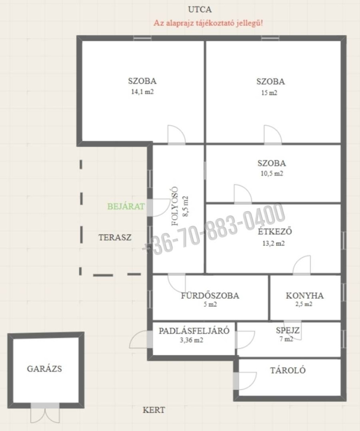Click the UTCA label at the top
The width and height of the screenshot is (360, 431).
pos(200,10)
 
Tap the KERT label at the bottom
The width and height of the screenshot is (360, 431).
pos(154,410)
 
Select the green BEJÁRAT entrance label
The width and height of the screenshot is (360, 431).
pos(126,207)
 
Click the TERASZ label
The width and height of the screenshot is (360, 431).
pos(115,237)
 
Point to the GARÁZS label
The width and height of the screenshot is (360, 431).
pos(44,369)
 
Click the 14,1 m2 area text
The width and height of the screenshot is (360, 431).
pos(143,92)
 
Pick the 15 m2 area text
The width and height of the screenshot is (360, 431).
pos(269,93)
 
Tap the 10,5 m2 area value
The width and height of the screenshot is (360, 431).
pos(272,174)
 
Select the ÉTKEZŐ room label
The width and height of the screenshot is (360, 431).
pos(275,231)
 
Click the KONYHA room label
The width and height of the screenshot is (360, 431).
pos(305,296)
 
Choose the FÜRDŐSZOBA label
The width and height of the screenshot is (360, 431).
pos(210,296)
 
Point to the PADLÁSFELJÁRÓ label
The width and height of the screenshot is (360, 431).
pos(194,331)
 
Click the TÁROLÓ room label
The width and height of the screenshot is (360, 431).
pos(288,370)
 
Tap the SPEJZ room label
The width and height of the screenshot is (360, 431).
pos(288,331)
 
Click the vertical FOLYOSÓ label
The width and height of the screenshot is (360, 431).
pos(175,206)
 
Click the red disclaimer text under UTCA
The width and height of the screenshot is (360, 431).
pos(208,23)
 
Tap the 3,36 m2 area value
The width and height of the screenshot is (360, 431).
pos(192,340)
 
